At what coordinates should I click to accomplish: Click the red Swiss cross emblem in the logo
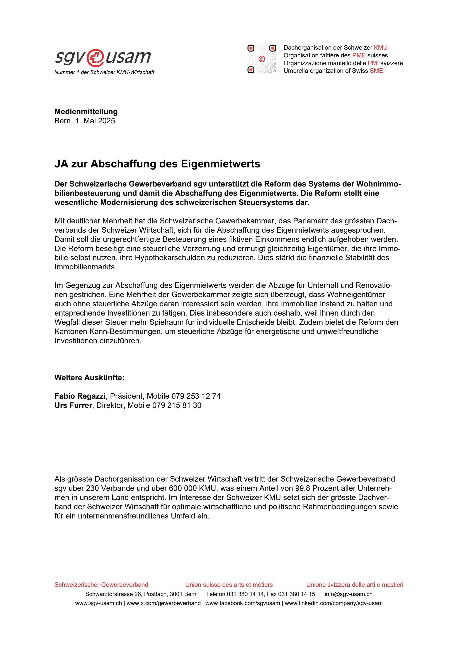95,57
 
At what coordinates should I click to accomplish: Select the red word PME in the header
359,55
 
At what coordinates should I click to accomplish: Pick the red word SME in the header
376,71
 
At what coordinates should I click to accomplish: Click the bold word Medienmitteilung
86,112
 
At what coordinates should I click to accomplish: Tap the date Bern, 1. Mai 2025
85,121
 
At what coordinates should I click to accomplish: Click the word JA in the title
61,164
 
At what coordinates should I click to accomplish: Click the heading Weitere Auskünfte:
89,378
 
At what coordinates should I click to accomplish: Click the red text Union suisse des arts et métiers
229,585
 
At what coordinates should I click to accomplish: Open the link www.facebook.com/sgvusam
243,603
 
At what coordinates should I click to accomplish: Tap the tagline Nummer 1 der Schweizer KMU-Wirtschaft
104,72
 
